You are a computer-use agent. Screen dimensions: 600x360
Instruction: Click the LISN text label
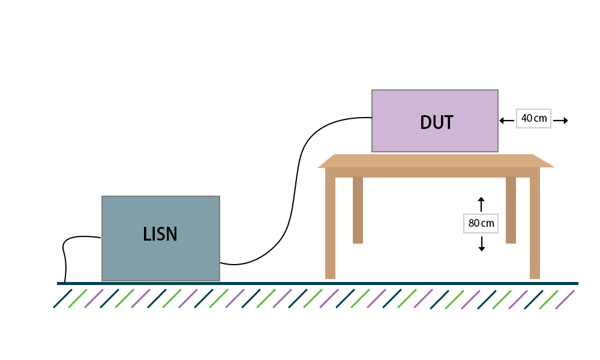pyautogui.click(x=160, y=234)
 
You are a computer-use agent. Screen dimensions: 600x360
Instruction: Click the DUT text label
pyautogui.click(x=437, y=122)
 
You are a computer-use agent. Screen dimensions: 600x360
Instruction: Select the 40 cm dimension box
pyautogui.click(x=533, y=119)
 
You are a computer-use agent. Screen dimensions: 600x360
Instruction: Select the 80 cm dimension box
pyautogui.click(x=481, y=223)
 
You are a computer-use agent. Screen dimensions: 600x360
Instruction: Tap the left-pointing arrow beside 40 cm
pyautogui.click(x=506, y=121)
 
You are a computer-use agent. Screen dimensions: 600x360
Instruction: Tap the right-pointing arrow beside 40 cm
pyautogui.click(x=561, y=121)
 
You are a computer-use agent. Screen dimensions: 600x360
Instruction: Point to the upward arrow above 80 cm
pyautogui.click(x=481, y=204)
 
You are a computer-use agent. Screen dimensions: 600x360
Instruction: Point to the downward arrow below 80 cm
pyautogui.click(x=482, y=244)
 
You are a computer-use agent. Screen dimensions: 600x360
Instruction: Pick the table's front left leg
pyautogui.click(x=330, y=227)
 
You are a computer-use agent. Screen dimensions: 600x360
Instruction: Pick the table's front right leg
pyautogui.click(x=535, y=227)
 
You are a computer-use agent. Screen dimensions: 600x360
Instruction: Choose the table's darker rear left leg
pyautogui.click(x=358, y=209)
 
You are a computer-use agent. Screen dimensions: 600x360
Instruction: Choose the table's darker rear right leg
pyautogui.click(x=511, y=209)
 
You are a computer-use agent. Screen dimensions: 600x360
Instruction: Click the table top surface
pyautogui.click(x=436, y=161)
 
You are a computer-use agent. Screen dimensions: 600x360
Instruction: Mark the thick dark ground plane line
pyautogui.click(x=317, y=283)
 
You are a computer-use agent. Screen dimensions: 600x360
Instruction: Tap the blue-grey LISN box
pyautogui.click(x=161, y=238)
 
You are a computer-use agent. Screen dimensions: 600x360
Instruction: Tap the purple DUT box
pyautogui.click(x=435, y=121)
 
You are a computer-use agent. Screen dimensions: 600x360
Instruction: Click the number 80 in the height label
pyautogui.click(x=474, y=223)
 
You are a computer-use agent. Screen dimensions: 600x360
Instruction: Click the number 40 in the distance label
pyautogui.click(x=527, y=118)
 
